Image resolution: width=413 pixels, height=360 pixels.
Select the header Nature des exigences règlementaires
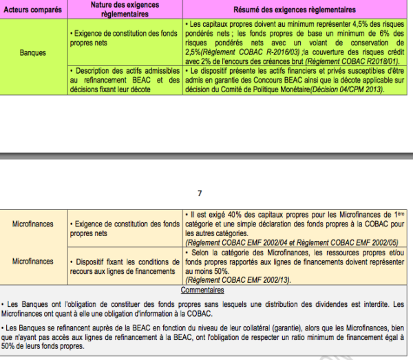tap(126, 10)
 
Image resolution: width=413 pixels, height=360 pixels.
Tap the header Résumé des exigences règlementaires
tap(297, 10)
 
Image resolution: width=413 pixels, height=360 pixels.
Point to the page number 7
tap(200, 193)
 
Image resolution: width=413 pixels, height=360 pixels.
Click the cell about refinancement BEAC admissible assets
tap(126, 80)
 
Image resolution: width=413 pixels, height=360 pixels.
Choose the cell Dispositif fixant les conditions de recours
tap(126, 266)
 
